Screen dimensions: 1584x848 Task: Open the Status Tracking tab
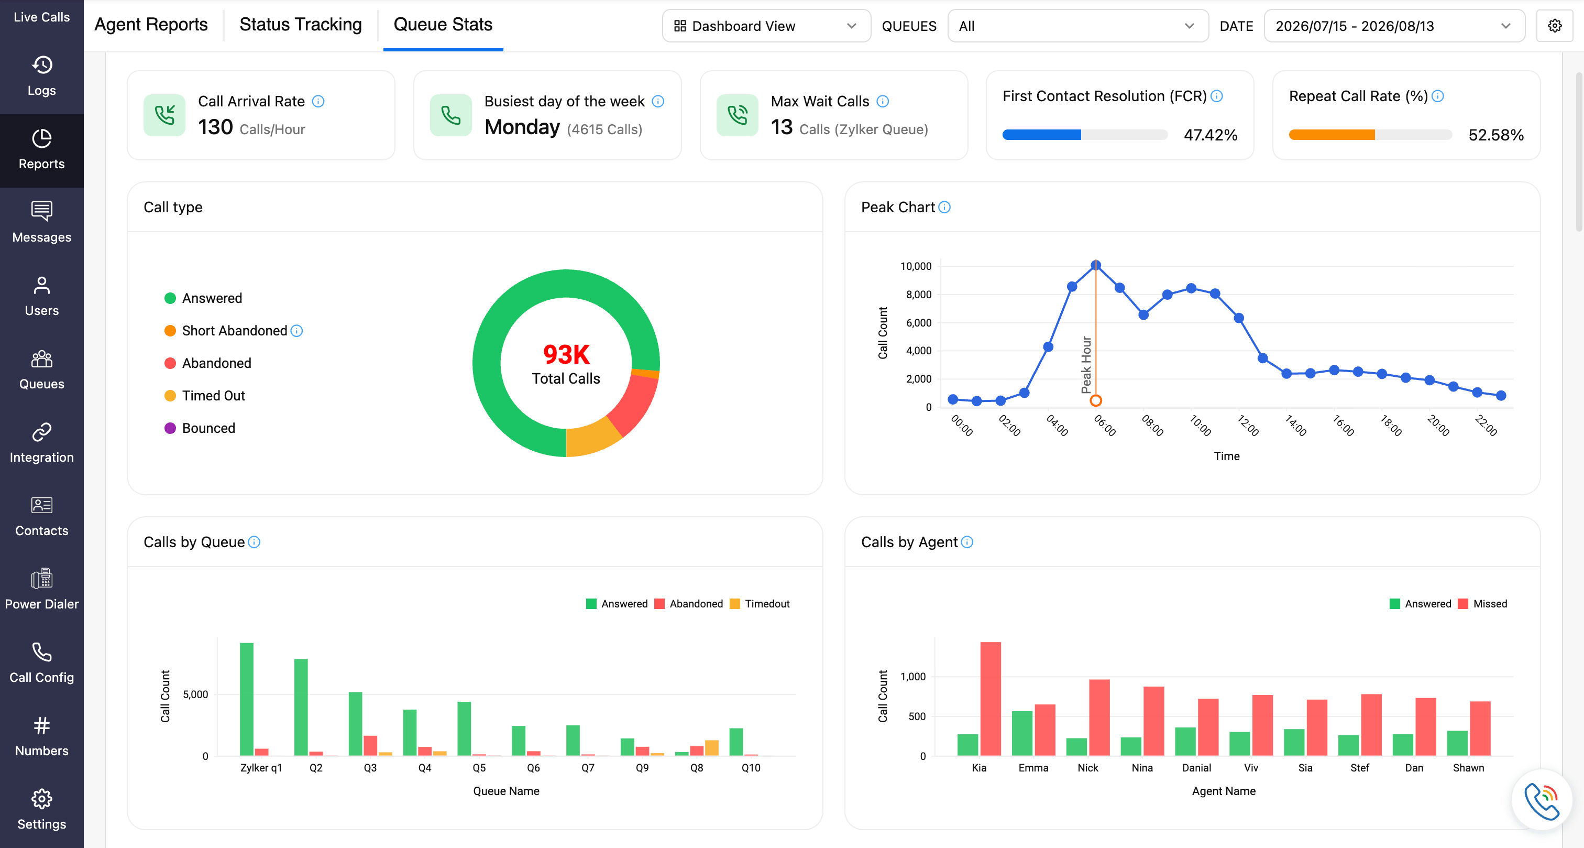(x=301, y=25)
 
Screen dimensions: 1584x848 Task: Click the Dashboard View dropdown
(x=766, y=26)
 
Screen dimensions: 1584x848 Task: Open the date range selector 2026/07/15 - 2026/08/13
(x=1394, y=26)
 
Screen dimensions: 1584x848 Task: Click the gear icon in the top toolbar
(x=1555, y=26)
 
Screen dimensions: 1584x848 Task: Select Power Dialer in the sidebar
(x=42, y=589)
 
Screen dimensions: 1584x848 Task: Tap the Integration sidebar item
(x=42, y=442)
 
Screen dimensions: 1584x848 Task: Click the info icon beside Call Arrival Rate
(x=318, y=101)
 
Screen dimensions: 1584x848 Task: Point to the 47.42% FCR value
(x=1210, y=135)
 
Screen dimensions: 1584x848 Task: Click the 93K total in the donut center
(x=566, y=354)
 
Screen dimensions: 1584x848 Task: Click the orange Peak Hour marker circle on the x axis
(x=1096, y=400)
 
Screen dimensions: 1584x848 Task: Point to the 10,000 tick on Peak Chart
(x=916, y=266)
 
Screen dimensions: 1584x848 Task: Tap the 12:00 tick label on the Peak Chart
(x=1248, y=425)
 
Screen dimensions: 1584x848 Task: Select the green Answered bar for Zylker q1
(x=247, y=699)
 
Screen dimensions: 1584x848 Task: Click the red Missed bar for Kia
(x=991, y=699)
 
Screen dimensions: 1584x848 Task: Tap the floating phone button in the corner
(x=1542, y=801)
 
